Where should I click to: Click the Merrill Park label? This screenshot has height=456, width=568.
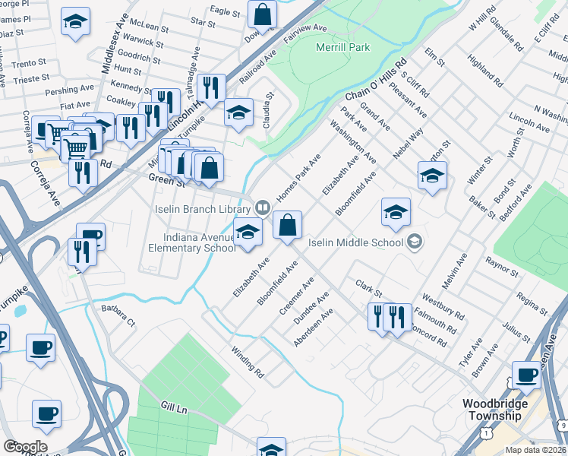(342, 47)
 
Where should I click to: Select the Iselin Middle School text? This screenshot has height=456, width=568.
(356, 242)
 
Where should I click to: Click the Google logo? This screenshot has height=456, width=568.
(25, 447)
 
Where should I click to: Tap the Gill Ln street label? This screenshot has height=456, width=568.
(172, 409)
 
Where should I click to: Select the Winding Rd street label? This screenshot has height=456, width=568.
(247, 363)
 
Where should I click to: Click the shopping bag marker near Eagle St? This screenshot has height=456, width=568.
(261, 14)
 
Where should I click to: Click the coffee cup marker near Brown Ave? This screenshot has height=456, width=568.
(526, 375)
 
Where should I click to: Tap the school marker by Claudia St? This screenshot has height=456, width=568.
(238, 113)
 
